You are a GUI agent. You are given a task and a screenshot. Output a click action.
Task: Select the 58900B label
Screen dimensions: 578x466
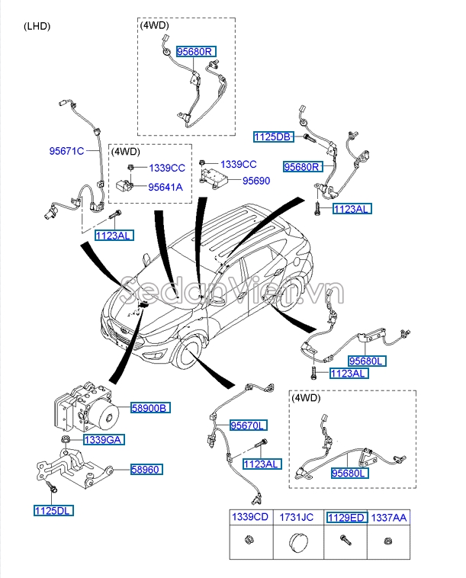tap(151, 408)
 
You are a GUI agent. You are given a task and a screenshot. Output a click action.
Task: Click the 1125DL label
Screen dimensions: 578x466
tap(53, 510)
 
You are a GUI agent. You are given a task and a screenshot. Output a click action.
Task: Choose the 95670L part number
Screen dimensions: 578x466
tap(249, 425)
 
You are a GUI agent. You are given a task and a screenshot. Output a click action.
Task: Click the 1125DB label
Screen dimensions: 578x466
tap(273, 137)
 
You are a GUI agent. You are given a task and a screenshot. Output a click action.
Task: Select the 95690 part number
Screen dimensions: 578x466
tap(256, 181)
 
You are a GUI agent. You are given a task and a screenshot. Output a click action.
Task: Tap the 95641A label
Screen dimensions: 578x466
tap(166, 186)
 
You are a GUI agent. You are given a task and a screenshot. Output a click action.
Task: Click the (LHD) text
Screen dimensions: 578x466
tap(37, 26)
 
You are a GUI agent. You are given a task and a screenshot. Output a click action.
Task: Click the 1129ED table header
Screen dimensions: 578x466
tap(345, 518)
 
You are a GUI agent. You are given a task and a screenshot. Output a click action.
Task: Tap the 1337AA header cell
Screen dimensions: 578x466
tap(392, 518)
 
